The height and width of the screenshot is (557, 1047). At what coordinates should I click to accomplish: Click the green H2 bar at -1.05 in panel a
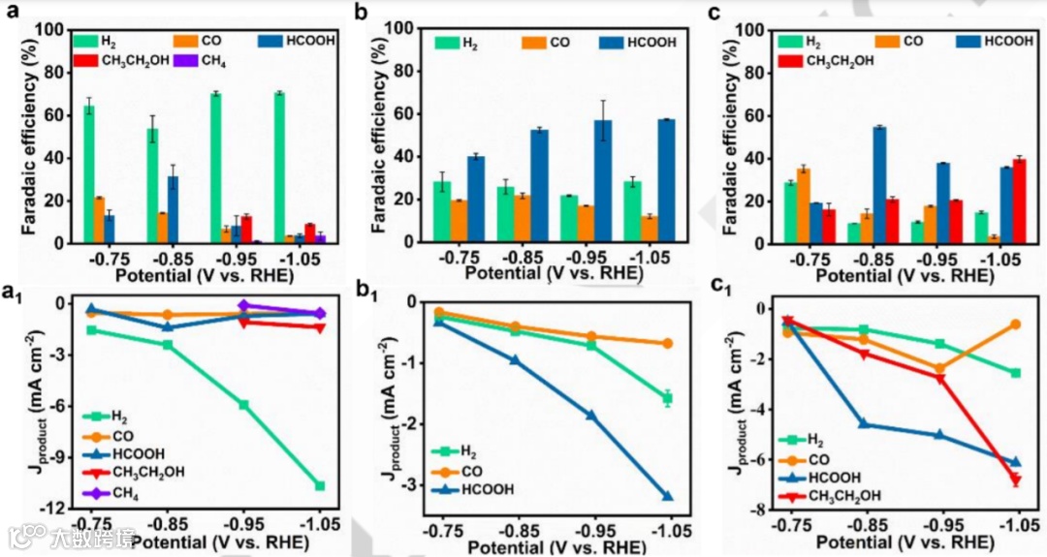coord(279,168)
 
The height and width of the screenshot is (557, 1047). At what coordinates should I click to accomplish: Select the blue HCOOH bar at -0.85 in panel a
coord(173,209)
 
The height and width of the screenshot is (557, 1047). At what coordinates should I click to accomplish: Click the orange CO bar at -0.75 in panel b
coord(459,221)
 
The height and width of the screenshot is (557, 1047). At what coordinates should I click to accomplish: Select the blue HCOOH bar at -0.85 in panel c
coord(879,185)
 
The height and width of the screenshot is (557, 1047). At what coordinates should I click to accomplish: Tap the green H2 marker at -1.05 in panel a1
coord(320,485)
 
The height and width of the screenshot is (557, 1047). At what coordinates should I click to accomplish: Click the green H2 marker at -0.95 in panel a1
coord(244,405)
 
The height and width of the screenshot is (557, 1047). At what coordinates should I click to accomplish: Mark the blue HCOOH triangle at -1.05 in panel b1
coord(668,497)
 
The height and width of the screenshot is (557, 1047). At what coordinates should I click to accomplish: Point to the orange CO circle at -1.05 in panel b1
coord(668,343)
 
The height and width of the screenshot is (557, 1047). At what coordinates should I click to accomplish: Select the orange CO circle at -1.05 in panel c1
coord(1015,325)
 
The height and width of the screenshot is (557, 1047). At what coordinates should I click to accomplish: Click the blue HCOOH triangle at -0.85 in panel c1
coord(864,424)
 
